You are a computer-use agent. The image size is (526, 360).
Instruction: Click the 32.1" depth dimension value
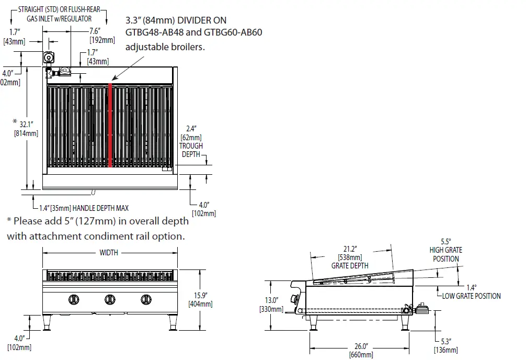point(26,125)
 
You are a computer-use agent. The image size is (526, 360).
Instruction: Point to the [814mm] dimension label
point(26,133)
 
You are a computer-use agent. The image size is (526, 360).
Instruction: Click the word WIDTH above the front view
point(109,253)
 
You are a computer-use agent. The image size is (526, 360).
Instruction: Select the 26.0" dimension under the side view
point(361,346)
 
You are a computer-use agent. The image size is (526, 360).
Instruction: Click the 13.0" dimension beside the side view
point(271,300)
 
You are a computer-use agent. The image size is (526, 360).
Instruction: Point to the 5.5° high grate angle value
point(445,242)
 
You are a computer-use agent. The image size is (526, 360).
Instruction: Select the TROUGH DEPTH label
point(192,150)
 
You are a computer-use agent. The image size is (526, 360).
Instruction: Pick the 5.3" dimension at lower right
point(446,341)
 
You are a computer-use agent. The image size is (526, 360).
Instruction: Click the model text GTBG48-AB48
point(150,33)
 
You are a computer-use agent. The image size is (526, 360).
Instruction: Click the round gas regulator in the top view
point(50,57)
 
